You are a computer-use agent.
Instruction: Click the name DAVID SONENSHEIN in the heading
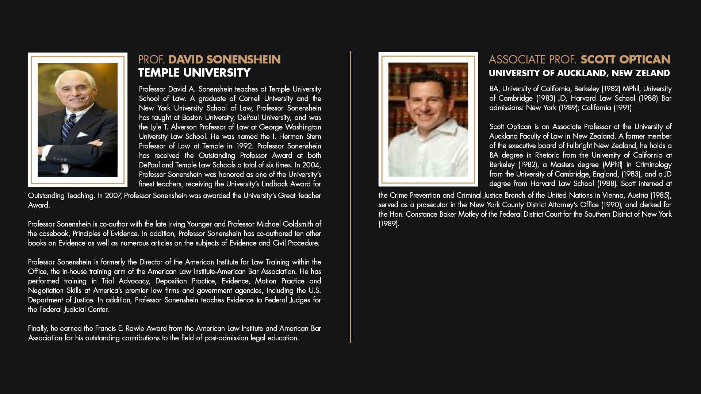coord(224,59)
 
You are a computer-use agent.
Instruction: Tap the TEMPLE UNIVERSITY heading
coord(194,73)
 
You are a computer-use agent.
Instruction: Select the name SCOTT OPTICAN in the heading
coord(625,59)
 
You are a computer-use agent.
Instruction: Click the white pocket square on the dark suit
coord(83,135)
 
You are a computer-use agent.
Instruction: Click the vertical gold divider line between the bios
coord(350,197)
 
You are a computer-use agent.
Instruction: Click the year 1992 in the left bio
coord(244,146)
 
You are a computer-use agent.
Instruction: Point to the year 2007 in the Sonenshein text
coord(113,196)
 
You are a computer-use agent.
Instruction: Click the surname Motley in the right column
coord(468,215)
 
